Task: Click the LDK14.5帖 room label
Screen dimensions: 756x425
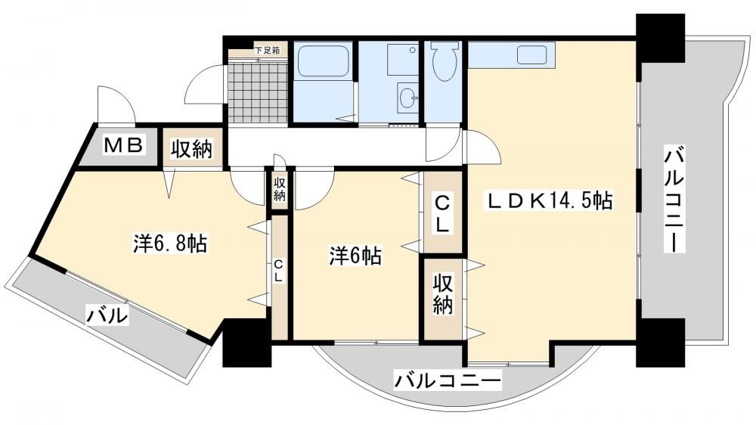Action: pyautogui.click(x=550, y=200)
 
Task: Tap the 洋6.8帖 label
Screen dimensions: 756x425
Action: pyautogui.click(x=170, y=244)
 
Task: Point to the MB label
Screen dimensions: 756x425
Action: pyautogui.click(x=123, y=145)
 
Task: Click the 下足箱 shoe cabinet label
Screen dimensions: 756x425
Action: pyautogui.click(x=267, y=50)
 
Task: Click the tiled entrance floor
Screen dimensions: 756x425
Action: pyautogui.click(x=259, y=92)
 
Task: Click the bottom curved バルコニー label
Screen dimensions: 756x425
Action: pyautogui.click(x=448, y=380)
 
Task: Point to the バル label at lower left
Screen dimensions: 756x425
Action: pyautogui.click(x=107, y=316)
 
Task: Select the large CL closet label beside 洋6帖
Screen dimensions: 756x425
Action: pyautogui.click(x=442, y=214)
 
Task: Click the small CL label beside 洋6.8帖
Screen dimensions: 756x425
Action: pyautogui.click(x=279, y=271)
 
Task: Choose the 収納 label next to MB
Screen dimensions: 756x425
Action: pyautogui.click(x=192, y=150)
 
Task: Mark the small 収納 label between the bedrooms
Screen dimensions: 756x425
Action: pyautogui.click(x=280, y=189)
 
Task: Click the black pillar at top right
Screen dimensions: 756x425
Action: pyautogui.click(x=660, y=37)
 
